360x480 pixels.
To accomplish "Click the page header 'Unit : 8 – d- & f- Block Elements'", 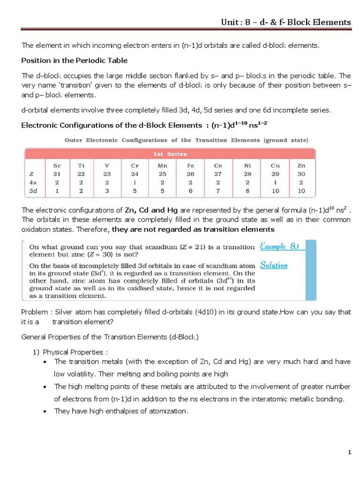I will pos(286,22).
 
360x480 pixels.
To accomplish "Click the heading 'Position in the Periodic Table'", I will pos(75,60).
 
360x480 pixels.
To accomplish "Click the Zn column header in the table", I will pos(301,165).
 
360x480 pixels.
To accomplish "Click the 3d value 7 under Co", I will pos(218,191).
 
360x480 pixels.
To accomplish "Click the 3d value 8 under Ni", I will pos(248,191).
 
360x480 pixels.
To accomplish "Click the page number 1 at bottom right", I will pos(349,452).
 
